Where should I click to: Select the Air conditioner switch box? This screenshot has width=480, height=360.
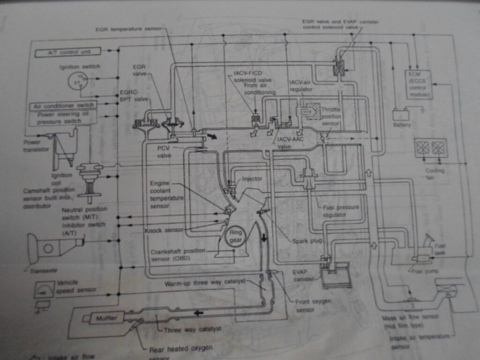[64, 105]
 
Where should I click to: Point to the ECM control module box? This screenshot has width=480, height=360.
[419, 85]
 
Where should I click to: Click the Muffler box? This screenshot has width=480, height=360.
[106, 318]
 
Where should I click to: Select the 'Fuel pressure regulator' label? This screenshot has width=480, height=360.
[341, 211]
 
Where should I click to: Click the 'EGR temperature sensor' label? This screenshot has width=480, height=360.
[128, 29]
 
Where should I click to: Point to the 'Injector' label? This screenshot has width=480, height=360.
[252, 179]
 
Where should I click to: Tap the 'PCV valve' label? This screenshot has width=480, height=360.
[165, 152]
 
